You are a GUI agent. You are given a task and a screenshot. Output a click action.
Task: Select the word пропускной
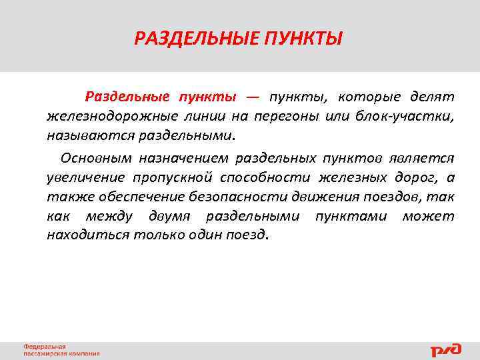click(173, 177)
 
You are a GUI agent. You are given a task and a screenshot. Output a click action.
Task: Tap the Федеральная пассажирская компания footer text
click(61, 350)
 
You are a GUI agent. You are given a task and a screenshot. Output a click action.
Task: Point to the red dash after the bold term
click(252, 97)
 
